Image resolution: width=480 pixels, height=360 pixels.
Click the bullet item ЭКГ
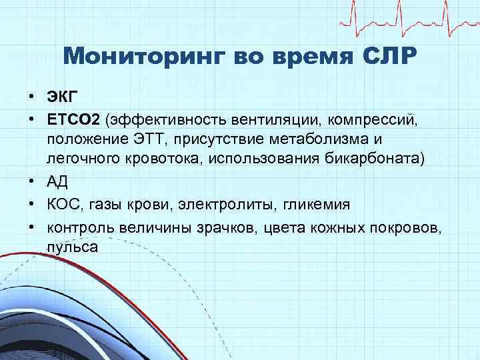tap(61, 97)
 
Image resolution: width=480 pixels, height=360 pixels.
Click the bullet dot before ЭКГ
tap(31, 97)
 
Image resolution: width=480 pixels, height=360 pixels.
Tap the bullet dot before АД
tap(31, 182)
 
